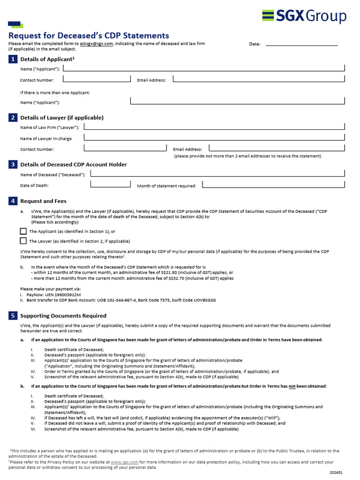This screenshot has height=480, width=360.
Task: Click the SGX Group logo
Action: [304, 16]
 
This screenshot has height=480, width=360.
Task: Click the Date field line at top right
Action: [301, 44]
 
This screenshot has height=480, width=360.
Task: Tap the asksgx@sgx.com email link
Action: [96, 44]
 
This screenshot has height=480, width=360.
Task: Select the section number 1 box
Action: [13, 59]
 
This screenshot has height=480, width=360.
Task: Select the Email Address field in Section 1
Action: [259, 79]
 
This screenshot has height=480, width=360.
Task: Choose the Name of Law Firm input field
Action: [214, 127]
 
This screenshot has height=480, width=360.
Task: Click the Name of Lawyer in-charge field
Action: [214, 138]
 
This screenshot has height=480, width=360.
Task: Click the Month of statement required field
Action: [274, 185]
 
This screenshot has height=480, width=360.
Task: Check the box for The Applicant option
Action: [23, 231]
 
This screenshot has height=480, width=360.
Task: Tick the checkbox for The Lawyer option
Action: [23, 241]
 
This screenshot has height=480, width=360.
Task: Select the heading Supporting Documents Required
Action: [63, 315]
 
